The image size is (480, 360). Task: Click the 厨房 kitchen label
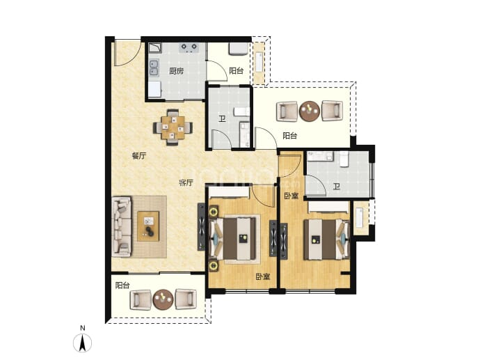176,71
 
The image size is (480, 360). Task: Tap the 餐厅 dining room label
139,156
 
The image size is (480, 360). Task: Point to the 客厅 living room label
186,183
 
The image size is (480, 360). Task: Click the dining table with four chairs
173,127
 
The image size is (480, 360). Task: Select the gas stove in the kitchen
189,48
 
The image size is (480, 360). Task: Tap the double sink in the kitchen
154,68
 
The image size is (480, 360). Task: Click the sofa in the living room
122,226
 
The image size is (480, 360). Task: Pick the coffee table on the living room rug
148,226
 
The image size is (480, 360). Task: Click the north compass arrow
82,343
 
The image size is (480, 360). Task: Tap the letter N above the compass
82,328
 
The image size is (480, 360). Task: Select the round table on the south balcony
163,299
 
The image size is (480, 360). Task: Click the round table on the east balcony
310,111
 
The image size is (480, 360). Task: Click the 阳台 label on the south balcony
122,285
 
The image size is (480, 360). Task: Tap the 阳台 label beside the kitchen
237,71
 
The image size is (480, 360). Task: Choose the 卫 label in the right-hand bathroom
337,187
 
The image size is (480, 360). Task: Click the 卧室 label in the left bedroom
263,277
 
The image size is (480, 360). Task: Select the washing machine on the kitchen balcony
238,49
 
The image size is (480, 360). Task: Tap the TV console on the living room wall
201,227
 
